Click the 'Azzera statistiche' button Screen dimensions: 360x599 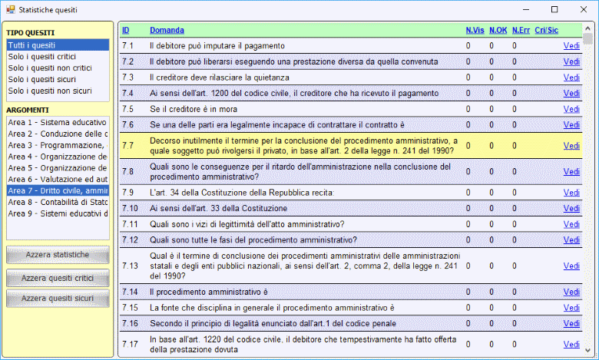point(57,255)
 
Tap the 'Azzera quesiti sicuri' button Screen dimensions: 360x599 point(57,298)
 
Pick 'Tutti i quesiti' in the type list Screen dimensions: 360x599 point(31,45)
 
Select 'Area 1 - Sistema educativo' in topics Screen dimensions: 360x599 point(57,122)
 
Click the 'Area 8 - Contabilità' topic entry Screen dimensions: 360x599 point(57,202)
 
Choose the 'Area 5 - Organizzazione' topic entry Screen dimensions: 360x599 point(57,167)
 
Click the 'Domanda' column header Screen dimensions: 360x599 point(167,30)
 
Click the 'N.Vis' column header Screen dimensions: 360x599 point(475,30)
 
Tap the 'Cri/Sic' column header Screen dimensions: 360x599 point(545,30)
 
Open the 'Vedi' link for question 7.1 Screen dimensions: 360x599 point(571,46)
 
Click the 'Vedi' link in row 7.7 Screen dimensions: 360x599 point(571,146)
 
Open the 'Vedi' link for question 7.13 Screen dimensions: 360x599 point(571,266)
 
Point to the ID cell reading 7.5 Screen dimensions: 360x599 point(128,109)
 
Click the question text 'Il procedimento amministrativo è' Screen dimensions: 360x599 point(208,292)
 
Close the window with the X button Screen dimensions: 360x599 point(581,9)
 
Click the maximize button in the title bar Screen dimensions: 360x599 point(554,9)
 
